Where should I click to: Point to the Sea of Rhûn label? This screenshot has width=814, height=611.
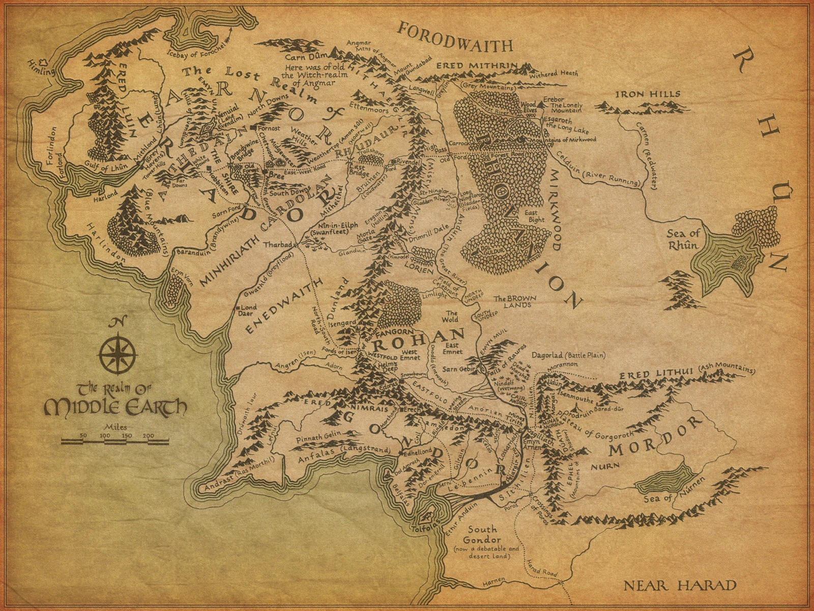click(683, 240)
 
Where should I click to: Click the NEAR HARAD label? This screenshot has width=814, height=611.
click(680, 585)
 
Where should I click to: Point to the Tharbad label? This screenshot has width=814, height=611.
click(276, 244)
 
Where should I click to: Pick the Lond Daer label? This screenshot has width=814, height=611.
click(249, 311)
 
